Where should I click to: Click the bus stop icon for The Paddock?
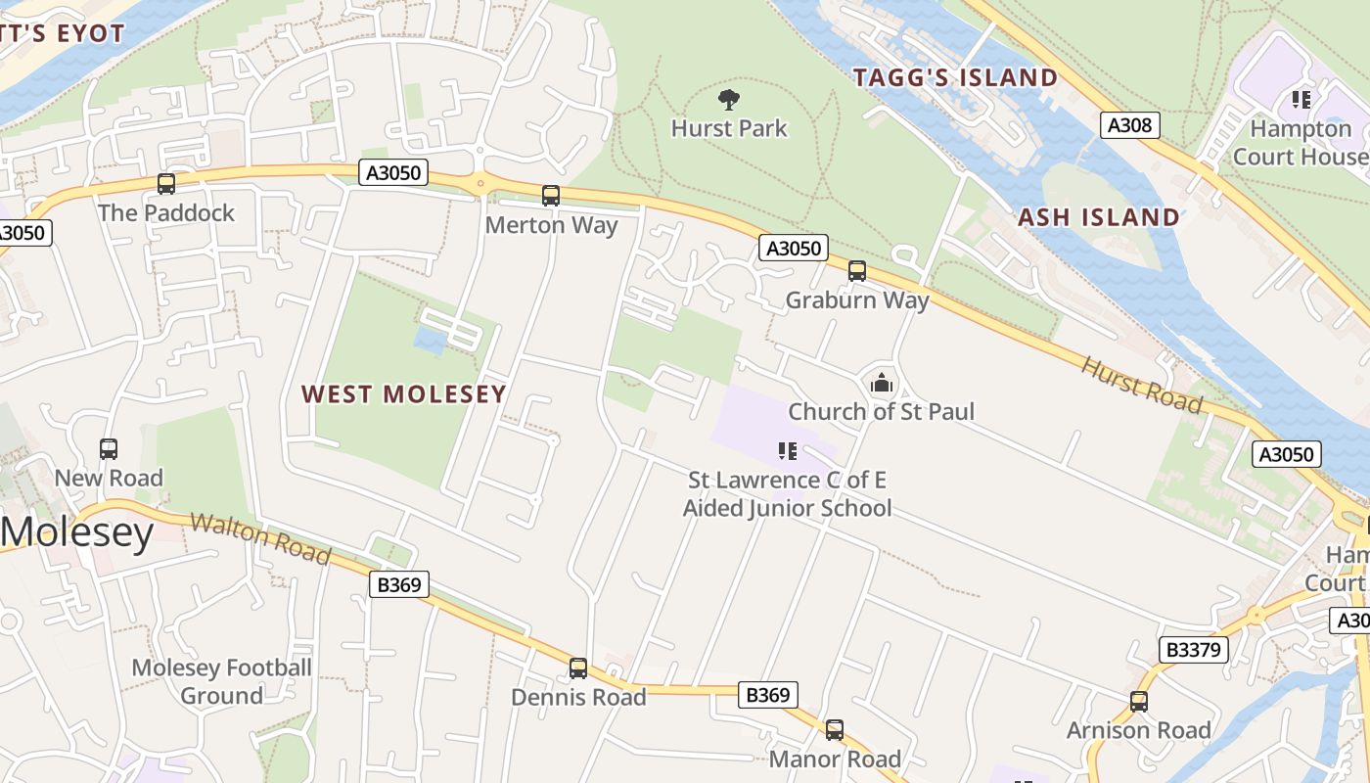coord(166,183)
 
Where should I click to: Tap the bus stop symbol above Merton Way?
coord(551,196)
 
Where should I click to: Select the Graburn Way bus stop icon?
coord(857,271)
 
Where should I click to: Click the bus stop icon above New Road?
coord(109,449)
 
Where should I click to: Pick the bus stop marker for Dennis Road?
coord(578,668)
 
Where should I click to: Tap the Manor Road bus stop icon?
coord(834,730)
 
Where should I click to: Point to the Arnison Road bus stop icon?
coord(1138,702)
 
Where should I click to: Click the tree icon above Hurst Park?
coord(728,99)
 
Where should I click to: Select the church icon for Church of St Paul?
coord(882,383)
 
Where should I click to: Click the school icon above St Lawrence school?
coord(787,451)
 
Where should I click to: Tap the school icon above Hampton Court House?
coord(1301,99)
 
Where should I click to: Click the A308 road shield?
coord(1130,125)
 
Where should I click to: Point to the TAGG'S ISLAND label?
coord(955,78)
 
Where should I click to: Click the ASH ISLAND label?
coord(1099,217)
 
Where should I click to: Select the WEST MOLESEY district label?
coord(403,394)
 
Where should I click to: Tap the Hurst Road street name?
coord(1141,384)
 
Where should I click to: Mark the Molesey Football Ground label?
coord(222,682)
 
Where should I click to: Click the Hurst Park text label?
coord(729,128)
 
